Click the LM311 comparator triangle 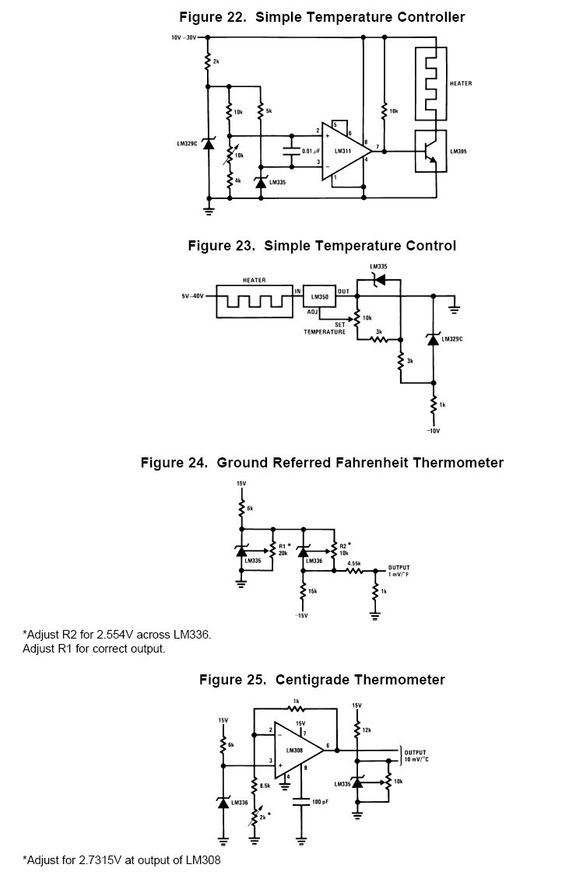pos(343,151)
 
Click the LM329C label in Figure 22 pos(188,144)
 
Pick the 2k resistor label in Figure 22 pos(216,61)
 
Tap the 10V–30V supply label pos(184,37)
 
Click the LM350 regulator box pos(319,297)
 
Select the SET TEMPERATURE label pos(325,328)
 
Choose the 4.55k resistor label pos(353,562)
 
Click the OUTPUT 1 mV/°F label pos(399,571)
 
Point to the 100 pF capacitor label pos(318,800)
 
